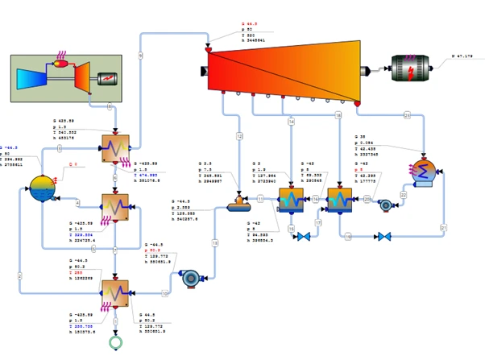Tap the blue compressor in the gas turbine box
(31, 79)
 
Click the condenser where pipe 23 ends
(424, 171)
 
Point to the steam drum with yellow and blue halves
(42, 188)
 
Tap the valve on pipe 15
(304, 237)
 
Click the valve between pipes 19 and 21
(384, 237)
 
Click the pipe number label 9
(141, 55)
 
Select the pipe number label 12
(238, 136)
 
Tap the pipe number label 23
(407, 116)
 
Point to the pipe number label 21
(443, 228)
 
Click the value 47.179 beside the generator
(462, 56)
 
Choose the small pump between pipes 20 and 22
(386, 205)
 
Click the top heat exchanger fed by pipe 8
(115, 148)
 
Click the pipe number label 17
(318, 222)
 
